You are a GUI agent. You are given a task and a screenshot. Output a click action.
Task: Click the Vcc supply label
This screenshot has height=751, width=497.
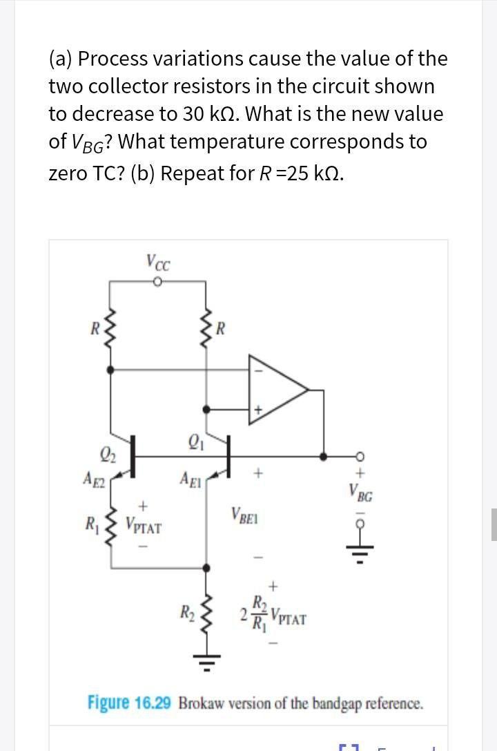click(158, 263)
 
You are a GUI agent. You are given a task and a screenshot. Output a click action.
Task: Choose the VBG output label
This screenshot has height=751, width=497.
click(362, 495)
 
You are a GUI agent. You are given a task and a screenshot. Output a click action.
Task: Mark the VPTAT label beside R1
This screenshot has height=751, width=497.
click(144, 527)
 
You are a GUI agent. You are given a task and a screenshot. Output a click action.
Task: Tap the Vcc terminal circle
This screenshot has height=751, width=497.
click(157, 281)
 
